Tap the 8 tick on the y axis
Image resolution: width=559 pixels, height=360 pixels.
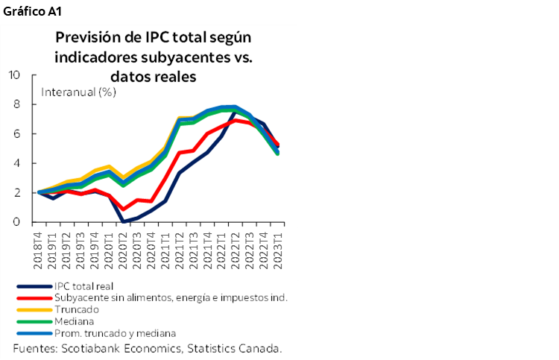(x=16, y=104)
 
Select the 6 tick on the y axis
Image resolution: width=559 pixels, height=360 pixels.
(x=16, y=133)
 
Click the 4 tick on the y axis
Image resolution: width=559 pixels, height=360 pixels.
(x=16, y=163)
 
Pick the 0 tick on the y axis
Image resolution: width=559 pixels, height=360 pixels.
(x=16, y=222)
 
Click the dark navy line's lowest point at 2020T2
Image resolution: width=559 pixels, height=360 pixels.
(x=123, y=221)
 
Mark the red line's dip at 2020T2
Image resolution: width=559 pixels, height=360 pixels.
(x=123, y=209)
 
